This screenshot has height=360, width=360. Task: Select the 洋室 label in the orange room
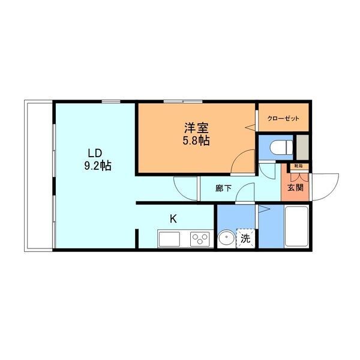[x=196, y=128]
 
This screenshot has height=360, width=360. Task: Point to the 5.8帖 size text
[x=196, y=140]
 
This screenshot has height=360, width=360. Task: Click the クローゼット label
[x=283, y=118]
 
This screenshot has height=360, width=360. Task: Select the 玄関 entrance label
[x=295, y=188]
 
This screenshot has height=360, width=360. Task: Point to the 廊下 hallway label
[x=224, y=188]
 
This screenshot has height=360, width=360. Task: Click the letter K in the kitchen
[x=173, y=219]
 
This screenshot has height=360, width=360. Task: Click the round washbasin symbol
[x=226, y=238]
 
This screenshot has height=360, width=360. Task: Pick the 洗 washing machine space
[x=245, y=238]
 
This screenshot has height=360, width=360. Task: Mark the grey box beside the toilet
[x=303, y=146]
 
